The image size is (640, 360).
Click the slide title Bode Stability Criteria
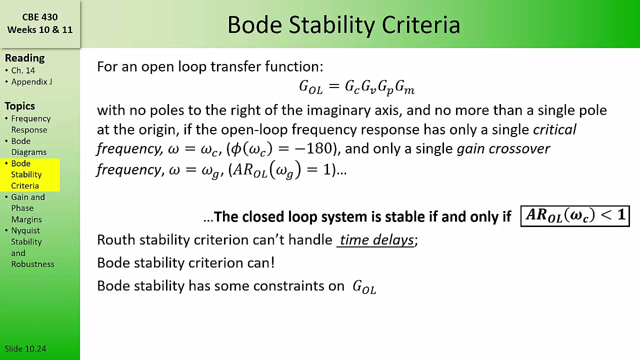pyautogui.click(x=343, y=25)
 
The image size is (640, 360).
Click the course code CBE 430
pyautogui.click(x=40, y=17)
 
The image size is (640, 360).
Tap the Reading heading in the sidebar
pyautogui.click(x=24, y=58)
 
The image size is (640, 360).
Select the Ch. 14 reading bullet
pyautogui.click(x=23, y=70)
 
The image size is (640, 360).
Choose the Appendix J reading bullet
pyautogui.click(x=31, y=81)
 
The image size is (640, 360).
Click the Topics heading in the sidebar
pyautogui.click(x=20, y=106)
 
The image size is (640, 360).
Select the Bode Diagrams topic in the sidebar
pyautogui.click(x=28, y=146)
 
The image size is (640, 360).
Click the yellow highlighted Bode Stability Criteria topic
pyautogui.click(x=26, y=174)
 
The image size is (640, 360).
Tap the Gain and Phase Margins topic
pyautogui.click(x=27, y=208)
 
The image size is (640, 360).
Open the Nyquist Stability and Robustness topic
pyautogui.click(x=32, y=247)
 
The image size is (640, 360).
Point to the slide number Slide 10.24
pyautogui.click(x=25, y=348)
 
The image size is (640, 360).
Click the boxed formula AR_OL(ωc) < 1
pyautogui.click(x=575, y=216)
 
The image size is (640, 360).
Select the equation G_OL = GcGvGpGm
pyautogui.click(x=356, y=87)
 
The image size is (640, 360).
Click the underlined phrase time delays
pyautogui.click(x=377, y=240)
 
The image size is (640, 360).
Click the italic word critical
pyautogui.click(x=554, y=129)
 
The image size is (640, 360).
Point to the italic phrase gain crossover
pyautogui.click(x=503, y=148)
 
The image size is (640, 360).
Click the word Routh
pyautogui.click(x=116, y=240)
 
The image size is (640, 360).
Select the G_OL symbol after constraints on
pyautogui.click(x=364, y=287)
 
